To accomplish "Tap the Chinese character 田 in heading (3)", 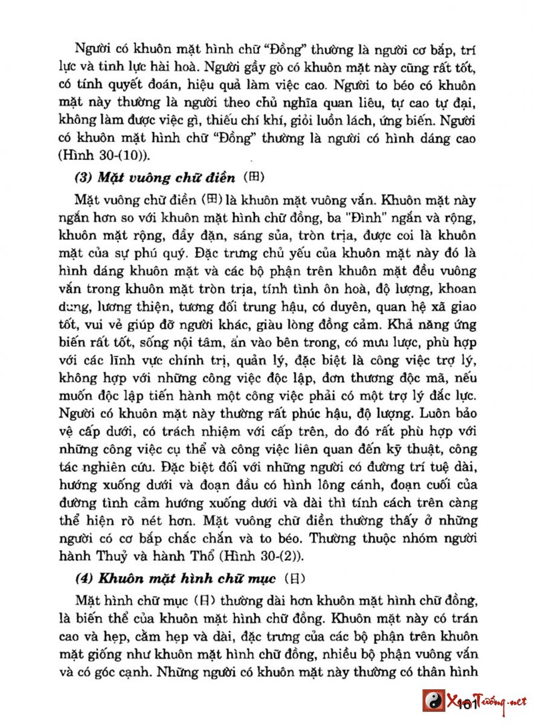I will coord(258,177).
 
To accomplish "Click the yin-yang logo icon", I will coord(435,701).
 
